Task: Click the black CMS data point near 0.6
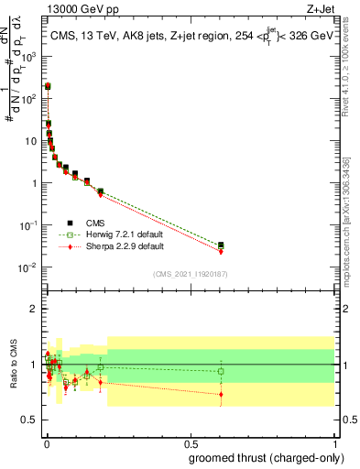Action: coord(221,245)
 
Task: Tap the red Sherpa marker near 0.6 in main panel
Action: coord(221,251)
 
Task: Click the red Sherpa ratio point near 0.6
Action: coord(221,394)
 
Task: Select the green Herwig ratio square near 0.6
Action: coord(221,372)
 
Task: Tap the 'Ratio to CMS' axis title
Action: coord(12,365)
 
